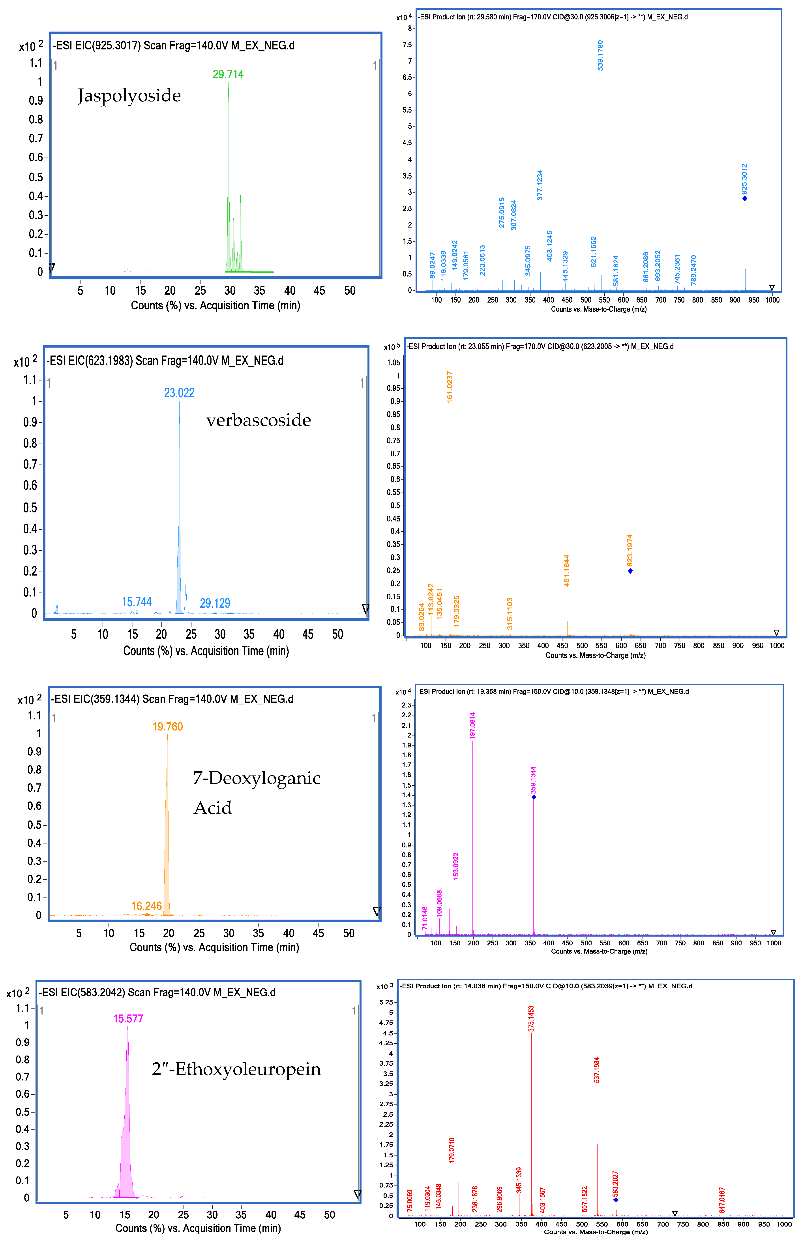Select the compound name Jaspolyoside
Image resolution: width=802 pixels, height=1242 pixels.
(x=129, y=96)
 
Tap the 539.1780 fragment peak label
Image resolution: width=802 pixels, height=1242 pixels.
(x=600, y=55)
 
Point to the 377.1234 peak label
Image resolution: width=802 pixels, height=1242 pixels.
(x=540, y=185)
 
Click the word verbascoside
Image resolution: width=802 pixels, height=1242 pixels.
(x=258, y=420)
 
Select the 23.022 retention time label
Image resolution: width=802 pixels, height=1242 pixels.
(x=179, y=393)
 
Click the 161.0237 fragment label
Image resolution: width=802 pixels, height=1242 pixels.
(x=450, y=387)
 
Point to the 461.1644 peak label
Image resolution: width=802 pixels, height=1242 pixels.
(x=567, y=570)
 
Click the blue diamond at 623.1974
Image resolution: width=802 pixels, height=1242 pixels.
(x=630, y=571)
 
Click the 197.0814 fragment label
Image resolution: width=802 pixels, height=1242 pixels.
(x=472, y=725)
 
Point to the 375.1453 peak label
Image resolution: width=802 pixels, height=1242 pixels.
(x=531, y=1018)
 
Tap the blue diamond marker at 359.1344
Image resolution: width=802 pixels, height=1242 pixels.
(x=533, y=797)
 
